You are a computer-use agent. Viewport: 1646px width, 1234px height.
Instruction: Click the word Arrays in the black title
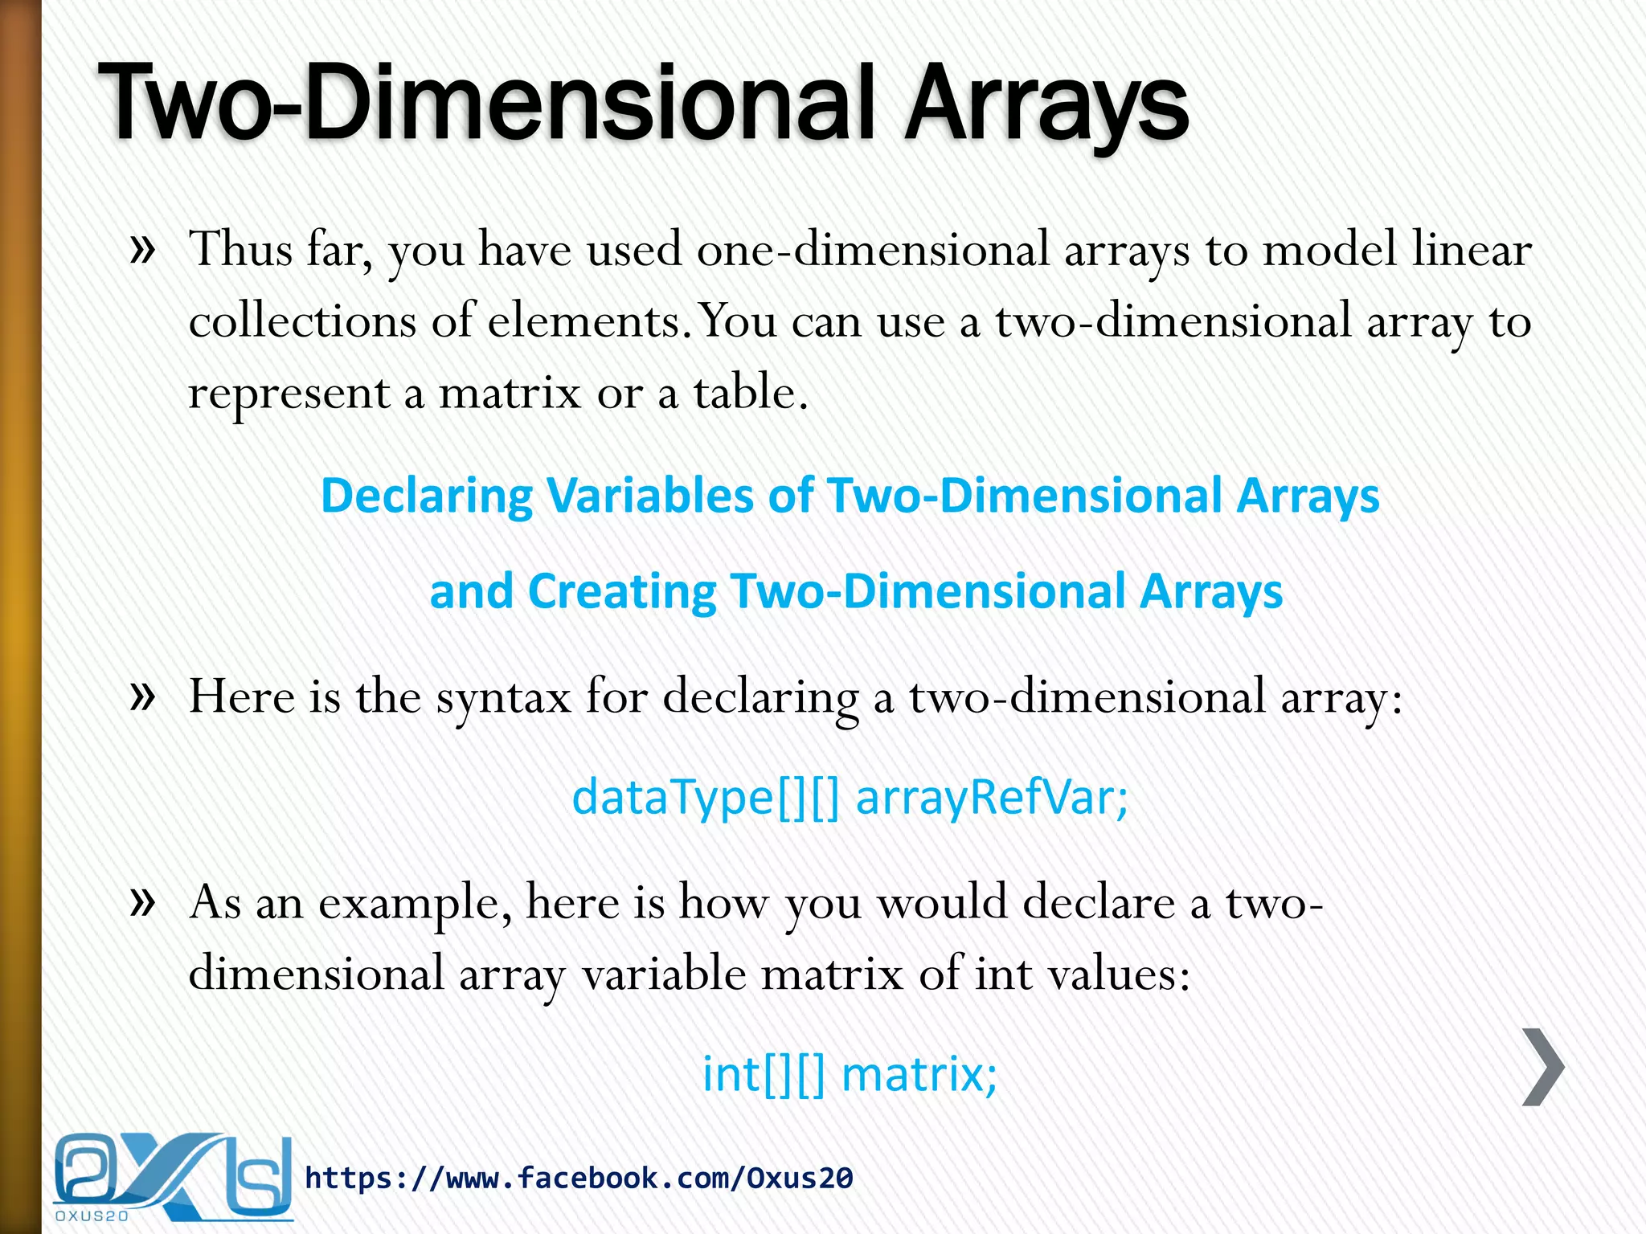[1045, 104]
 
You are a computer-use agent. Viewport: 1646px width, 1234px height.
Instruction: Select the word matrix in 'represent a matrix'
[509, 394]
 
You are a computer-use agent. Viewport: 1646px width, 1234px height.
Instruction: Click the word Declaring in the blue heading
[426, 496]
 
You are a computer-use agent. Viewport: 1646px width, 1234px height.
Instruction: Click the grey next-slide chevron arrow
[1543, 1067]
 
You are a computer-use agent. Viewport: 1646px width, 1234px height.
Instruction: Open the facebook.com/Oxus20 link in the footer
[579, 1178]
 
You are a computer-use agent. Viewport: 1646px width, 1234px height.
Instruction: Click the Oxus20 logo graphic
[173, 1176]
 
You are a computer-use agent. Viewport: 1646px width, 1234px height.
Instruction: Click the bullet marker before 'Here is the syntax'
[142, 696]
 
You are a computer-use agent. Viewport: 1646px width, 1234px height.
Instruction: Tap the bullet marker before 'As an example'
[142, 902]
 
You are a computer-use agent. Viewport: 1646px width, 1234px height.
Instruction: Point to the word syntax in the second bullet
[503, 697]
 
